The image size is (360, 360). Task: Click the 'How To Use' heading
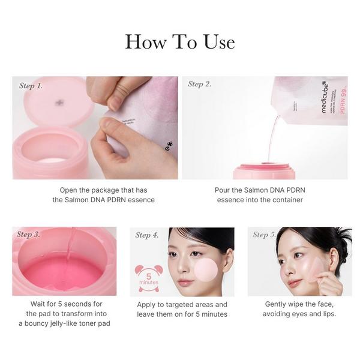[x=179, y=42]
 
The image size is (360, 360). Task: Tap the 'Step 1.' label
[x=31, y=86]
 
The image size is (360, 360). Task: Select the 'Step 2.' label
[x=200, y=84]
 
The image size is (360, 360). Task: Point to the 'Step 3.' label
[x=29, y=234]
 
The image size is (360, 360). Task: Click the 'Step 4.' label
[x=147, y=235]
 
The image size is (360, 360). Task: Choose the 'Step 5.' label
[x=265, y=235]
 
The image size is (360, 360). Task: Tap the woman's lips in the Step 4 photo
[x=185, y=282]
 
